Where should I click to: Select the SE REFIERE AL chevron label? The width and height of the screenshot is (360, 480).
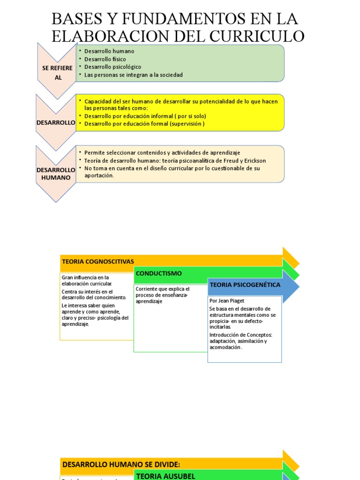pyautogui.click(x=57, y=73)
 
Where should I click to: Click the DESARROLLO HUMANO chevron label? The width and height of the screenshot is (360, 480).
pyautogui.click(x=56, y=173)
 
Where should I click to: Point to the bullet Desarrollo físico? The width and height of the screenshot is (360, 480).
pyautogui.click(x=105, y=59)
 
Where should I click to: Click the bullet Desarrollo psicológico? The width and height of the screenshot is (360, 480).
pyautogui.click(x=112, y=67)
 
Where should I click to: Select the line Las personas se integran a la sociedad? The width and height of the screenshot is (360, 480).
pyautogui.click(x=133, y=75)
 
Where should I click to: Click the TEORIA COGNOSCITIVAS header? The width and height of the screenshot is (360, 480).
pyautogui.click(x=97, y=261)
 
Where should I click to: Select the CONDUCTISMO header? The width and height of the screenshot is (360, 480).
pyautogui.click(x=159, y=273)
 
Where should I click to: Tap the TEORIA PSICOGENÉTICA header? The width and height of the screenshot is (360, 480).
pyautogui.click(x=245, y=285)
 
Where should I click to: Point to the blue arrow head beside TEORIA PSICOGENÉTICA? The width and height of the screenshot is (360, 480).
pyautogui.click(x=291, y=285)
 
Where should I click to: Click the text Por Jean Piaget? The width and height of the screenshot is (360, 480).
pyautogui.click(x=227, y=300)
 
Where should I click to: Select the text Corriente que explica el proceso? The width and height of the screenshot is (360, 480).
pyautogui.click(x=163, y=292)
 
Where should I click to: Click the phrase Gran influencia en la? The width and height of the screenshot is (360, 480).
pyautogui.click(x=85, y=277)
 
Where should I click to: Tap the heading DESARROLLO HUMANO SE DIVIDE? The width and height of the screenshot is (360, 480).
pyautogui.click(x=121, y=464)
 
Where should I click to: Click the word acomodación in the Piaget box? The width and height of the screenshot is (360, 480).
pyautogui.click(x=225, y=347)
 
